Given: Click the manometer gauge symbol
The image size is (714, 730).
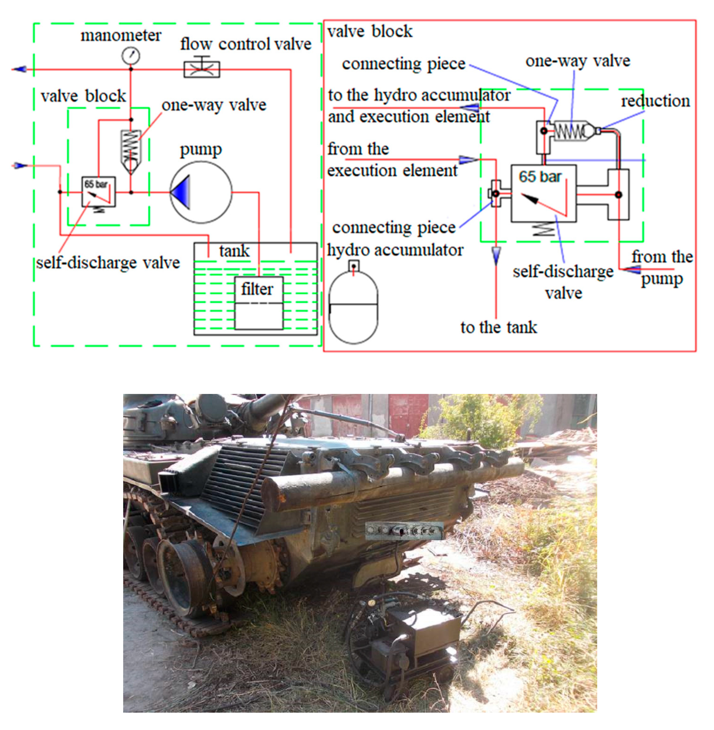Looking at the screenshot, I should pyautogui.click(x=131, y=56).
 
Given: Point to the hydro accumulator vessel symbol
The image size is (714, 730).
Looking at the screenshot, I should pyautogui.click(x=353, y=306).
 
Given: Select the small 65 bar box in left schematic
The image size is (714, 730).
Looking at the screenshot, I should pyautogui.click(x=99, y=192).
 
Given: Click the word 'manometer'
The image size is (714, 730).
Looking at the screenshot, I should pyautogui.click(x=121, y=36).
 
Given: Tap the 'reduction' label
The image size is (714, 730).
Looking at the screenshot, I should pyautogui.click(x=655, y=101).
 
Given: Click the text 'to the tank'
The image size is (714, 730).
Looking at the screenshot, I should pyautogui.click(x=498, y=327).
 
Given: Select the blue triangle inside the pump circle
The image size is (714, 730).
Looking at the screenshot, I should pyautogui.click(x=182, y=192).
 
